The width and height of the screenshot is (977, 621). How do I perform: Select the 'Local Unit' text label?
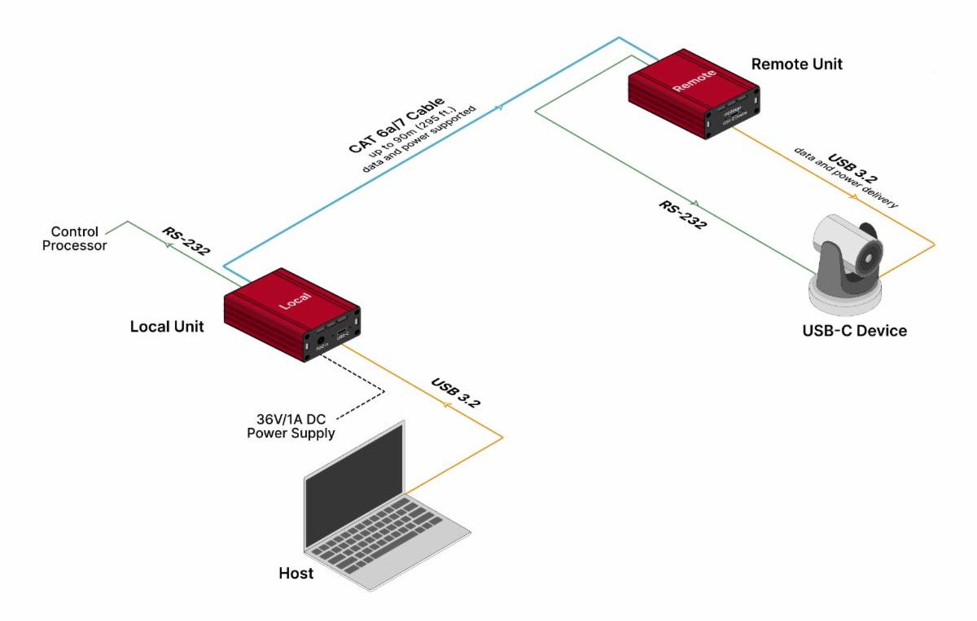point(167,327)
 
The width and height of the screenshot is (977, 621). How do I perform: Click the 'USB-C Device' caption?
point(853,331)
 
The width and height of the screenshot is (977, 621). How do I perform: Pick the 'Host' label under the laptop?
point(296,574)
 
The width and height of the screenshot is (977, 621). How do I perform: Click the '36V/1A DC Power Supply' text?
point(291,426)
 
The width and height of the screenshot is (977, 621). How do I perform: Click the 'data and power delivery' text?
point(848,181)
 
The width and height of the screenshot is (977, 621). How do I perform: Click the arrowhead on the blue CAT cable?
point(499,108)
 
